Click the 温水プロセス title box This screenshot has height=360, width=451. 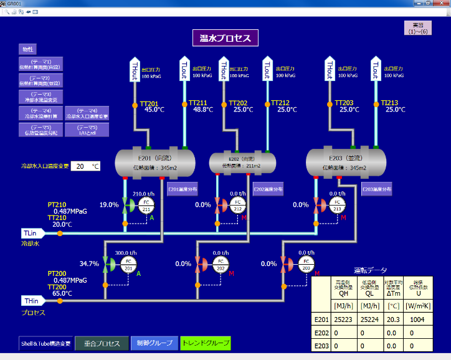(x=225, y=38)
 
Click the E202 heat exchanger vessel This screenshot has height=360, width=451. (x=242, y=162)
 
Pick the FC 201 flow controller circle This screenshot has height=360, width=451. (x=129, y=263)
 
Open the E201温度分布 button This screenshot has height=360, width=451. (x=183, y=189)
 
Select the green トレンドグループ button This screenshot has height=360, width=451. (x=205, y=343)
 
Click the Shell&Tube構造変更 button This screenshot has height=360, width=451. (x=46, y=343)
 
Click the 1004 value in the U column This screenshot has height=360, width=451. (x=417, y=320)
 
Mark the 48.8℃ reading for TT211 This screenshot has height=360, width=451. (x=204, y=110)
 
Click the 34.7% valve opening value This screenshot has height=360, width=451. (x=90, y=264)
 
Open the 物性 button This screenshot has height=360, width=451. (x=29, y=49)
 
